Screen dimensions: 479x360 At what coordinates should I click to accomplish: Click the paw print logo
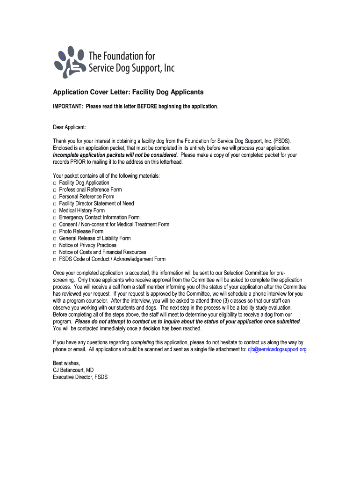tap(70, 61)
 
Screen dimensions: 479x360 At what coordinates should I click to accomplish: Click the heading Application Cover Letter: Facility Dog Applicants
tap(128, 93)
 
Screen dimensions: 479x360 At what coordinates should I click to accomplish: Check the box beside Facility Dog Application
tap(55, 183)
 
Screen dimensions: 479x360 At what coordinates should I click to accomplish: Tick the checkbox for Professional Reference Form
tap(55, 190)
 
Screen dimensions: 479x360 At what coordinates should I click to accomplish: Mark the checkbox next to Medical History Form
tap(55, 210)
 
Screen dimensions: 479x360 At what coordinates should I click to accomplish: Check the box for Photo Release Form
tap(55, 232)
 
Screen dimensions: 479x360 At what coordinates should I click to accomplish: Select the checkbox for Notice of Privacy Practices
tap(55, 245)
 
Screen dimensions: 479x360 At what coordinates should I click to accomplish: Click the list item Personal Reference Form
tap(86, 196)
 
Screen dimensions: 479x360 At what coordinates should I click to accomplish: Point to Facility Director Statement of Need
tap(96, 203)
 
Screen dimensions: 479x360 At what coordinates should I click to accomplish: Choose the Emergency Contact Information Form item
tap(99, 218)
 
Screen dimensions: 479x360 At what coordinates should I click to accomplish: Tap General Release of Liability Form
tap(95, 238)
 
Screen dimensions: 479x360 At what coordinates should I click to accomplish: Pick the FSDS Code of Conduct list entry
tap(112, 259)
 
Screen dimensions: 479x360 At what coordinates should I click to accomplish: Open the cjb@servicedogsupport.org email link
tap(277, 349)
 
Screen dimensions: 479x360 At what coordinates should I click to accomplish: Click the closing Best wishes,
tap(66, 363)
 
